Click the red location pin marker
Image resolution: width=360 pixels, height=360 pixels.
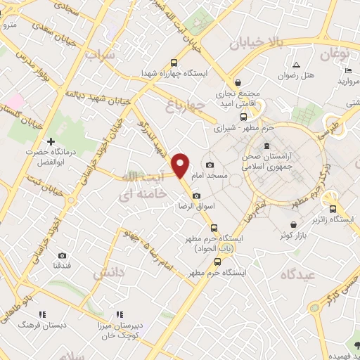coord(181,165)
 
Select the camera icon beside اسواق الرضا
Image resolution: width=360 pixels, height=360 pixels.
coord(195,195)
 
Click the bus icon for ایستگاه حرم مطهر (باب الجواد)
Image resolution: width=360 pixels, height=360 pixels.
coord(214,228)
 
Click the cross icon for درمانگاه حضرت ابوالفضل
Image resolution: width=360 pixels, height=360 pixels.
coord(51,142)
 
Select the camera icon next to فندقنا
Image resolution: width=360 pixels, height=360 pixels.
coord(63,255)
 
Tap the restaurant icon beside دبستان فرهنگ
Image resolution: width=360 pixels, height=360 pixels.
coord(41,314)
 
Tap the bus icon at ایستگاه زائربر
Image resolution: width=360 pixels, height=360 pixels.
coord(333,208)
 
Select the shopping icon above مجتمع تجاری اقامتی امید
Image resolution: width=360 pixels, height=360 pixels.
coord(238,82)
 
